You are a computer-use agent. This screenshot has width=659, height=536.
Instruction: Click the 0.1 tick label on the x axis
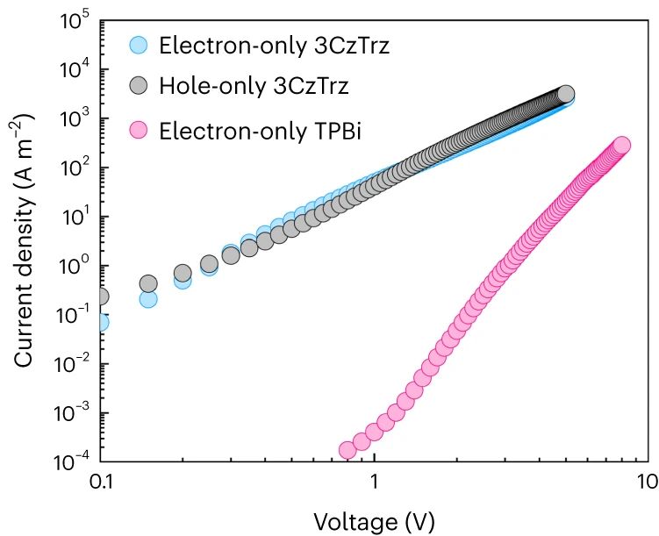click(102, 483)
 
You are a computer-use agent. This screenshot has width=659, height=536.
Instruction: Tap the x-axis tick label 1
click(375, 483)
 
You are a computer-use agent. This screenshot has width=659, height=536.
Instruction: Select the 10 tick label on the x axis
click(646, 483)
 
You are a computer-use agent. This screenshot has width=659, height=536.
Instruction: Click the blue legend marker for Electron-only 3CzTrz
click(139, 45)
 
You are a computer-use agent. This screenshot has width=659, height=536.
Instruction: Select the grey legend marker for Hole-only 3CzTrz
click(139, 87)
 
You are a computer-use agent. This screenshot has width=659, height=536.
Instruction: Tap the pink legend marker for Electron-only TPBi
click(139, 131)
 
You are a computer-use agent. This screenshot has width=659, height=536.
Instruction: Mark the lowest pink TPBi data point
click(347, 450)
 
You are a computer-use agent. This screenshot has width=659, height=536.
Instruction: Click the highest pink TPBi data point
click(621, 145)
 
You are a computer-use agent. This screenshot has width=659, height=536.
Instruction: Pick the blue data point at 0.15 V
click(148, 299)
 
